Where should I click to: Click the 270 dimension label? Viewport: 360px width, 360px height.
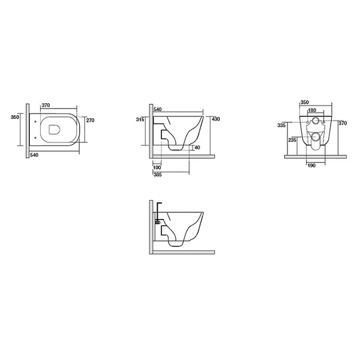90,120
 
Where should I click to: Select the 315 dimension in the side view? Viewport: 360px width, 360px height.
140,119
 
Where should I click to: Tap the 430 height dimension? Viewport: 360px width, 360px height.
215,119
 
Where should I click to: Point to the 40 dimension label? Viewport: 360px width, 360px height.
197,148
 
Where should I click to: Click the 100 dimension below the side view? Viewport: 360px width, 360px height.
157,167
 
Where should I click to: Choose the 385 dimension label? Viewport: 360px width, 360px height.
157,175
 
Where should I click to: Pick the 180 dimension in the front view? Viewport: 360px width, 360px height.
312,110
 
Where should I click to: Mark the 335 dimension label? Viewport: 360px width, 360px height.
281,125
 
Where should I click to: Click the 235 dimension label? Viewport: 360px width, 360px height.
292,140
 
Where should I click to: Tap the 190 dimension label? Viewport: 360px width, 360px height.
311,166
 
